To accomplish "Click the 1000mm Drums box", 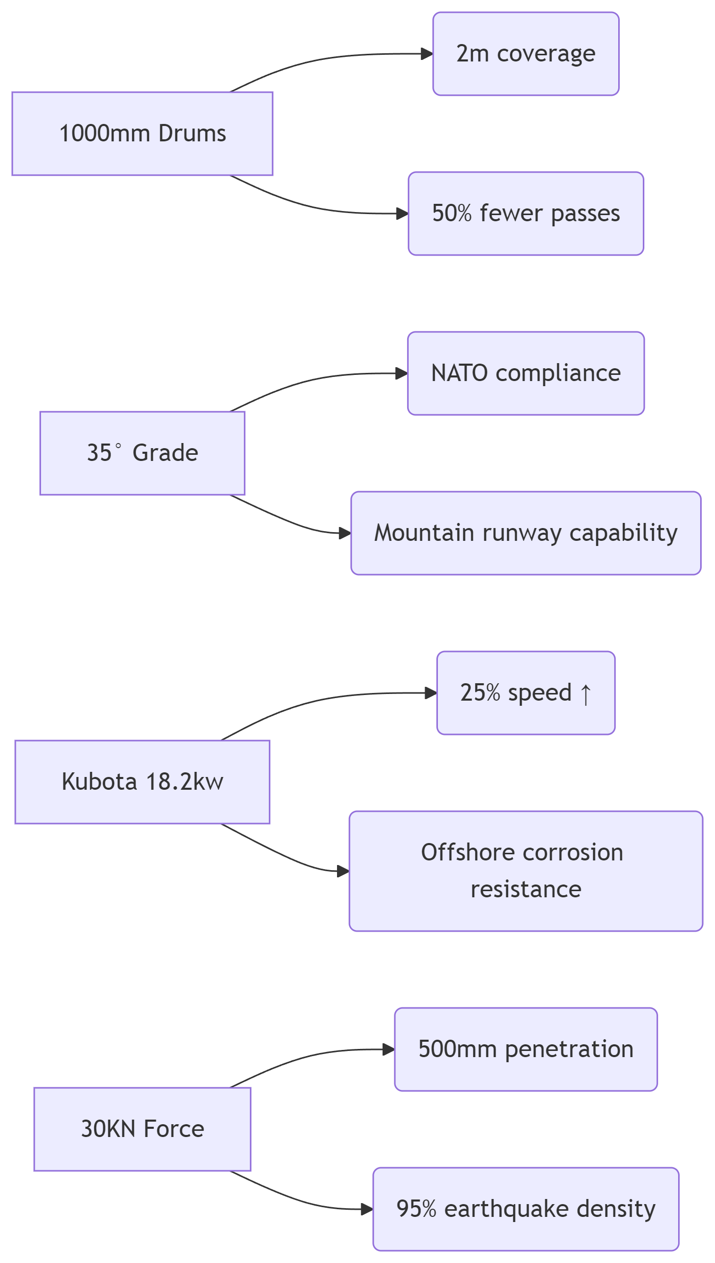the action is point(142,134).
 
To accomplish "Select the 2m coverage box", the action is point(526,54).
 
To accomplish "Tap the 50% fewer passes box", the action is point(526,214).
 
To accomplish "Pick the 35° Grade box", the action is point(142,453).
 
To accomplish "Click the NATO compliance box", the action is point(526,373).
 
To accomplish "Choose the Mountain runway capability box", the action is point(526,533).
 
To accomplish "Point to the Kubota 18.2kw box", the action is point(142,782).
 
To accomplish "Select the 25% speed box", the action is point(526,693).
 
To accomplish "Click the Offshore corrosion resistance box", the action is point(526,871).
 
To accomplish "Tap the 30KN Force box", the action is point(142,1129).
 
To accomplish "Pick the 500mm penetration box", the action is point(526,1049).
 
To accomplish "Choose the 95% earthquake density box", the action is point(526,1209).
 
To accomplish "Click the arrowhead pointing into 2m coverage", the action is point(427,54).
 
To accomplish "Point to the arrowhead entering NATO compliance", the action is point(402,373).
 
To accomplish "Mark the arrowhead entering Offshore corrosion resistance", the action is point(343,871).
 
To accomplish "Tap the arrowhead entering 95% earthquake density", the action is point(367,1209).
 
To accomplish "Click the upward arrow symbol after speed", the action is point(586,694).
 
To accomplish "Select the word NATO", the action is point(459,373).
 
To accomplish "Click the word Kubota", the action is point(99,782).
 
